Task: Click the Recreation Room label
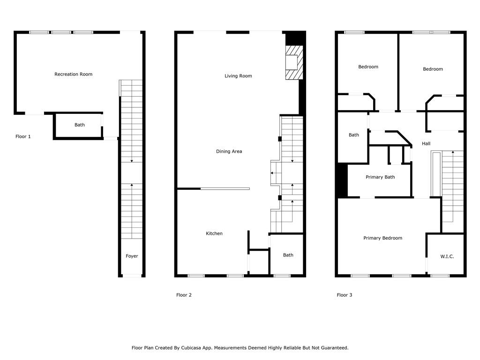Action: tap(73, 74)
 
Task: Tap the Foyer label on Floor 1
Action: tap(132, 256)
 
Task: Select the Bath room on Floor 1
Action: tap(78, 126)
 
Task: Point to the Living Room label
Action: tap(238, 76)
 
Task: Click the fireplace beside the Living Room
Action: tap(294, 62)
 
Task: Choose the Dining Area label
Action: tap(229, 151)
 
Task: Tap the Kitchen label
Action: tap(214, 233)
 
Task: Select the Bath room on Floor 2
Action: tap(287, 255)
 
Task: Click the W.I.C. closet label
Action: tap(447, 256)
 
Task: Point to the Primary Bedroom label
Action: tap(382, 238)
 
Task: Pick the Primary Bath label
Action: tap(380, 177)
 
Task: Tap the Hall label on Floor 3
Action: tap(426, 143)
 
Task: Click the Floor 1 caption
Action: tap(23, 136)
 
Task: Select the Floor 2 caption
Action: tap(184, 295)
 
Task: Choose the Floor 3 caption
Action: tap(345, 295)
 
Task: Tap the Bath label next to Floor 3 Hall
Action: tap(353, 135)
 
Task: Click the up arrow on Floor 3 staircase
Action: tap(453, 186)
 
